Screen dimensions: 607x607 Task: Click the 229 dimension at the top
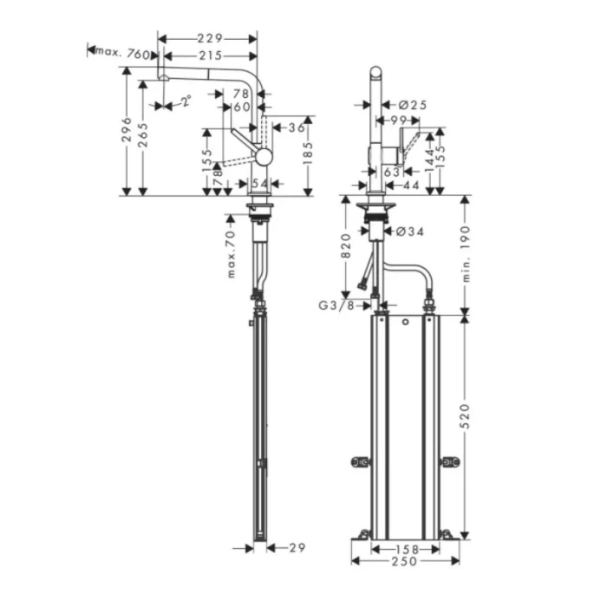[x=209, y=38]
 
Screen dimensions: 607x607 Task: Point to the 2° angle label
[x=185, y=102]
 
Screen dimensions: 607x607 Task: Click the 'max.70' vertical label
[x=232, y=253]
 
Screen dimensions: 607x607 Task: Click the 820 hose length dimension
[x=346, y=245]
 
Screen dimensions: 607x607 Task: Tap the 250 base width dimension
[x=404, y=561]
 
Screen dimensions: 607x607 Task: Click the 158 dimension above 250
[x=404, y=548]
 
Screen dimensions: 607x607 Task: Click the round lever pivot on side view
[x=263, y=157]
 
